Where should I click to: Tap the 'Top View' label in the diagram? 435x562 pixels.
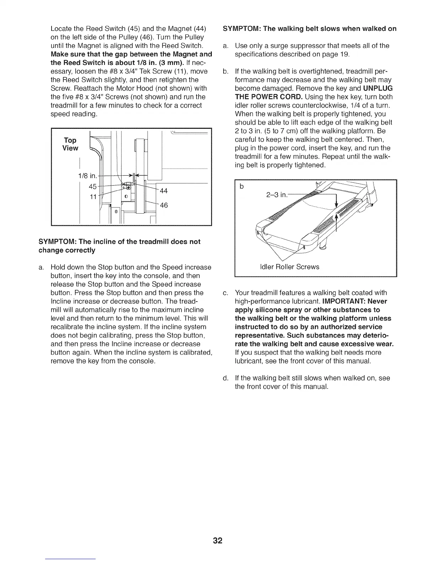click(x=70, y=144)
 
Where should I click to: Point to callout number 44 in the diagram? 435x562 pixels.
click(x=164, y=191)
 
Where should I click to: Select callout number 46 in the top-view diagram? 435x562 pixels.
click(x=164, y=205)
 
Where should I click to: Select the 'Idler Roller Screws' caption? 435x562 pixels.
click(x=290, y=266)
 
